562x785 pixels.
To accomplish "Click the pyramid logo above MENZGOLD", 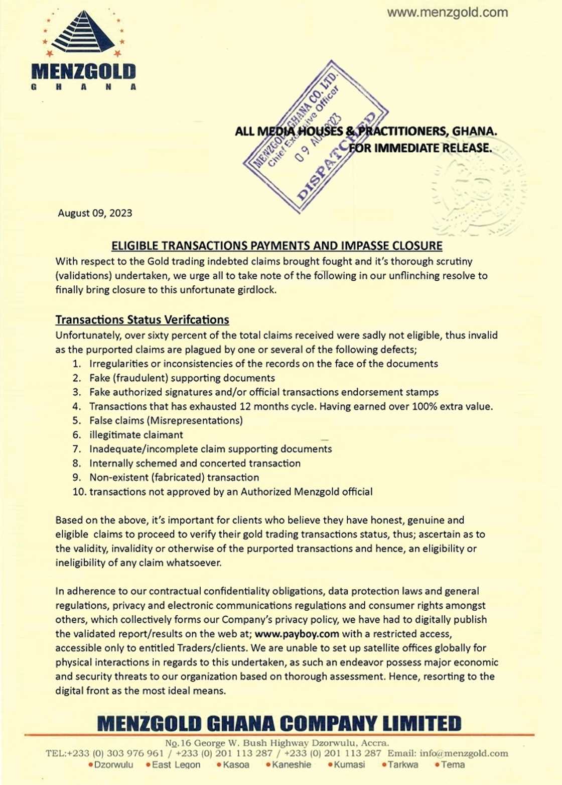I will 83,33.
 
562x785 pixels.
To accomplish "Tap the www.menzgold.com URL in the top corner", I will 447,13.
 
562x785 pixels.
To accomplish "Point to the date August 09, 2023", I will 95,213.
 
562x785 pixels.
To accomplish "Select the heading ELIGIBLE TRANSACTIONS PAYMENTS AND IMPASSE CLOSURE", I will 276,246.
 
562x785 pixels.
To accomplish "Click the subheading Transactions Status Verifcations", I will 142,320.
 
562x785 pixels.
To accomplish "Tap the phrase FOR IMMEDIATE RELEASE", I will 420,148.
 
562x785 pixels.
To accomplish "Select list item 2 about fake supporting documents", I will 182,378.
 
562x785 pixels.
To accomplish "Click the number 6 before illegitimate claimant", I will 76,435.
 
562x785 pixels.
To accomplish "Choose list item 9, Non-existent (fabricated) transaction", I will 174,478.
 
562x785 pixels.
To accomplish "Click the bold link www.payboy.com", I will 297,634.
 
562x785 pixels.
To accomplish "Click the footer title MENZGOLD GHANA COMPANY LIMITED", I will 279,724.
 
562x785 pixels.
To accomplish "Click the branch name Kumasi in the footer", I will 349,765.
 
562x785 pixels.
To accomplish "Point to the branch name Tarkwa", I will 403,765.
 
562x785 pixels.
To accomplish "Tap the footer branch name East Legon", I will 176,765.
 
